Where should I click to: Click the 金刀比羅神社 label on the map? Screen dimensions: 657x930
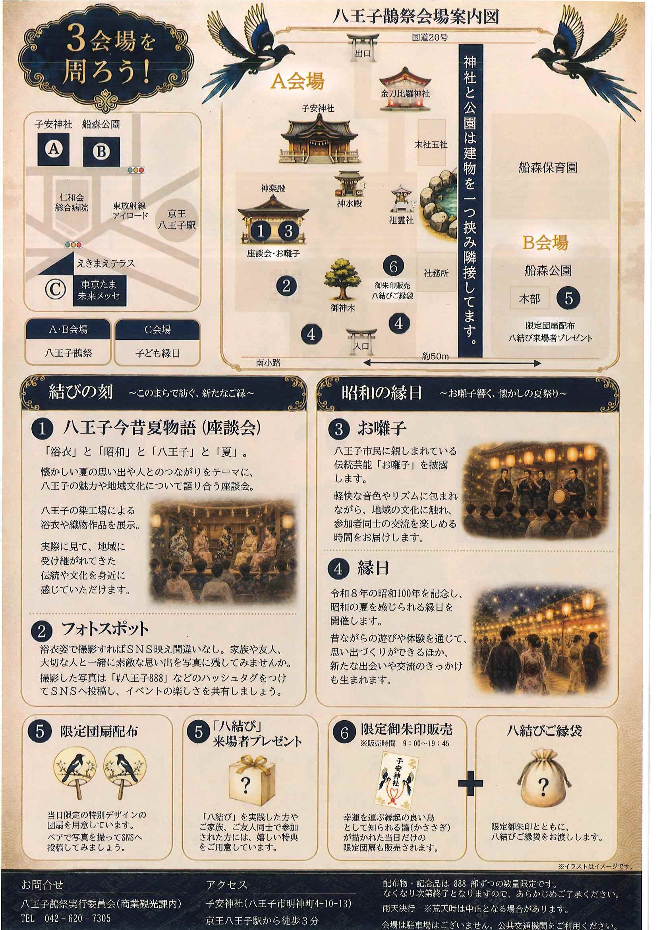click(405, 94)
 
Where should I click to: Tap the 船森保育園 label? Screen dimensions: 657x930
click(548, 168)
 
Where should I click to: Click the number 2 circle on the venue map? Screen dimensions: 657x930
click(287, 286)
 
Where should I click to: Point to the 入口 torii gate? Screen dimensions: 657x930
click(361, 339)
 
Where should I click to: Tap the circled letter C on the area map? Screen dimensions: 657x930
click(55, 290)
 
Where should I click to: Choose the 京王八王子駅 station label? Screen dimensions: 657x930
click(177, 219)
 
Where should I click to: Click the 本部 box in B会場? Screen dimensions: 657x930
click(529, 299)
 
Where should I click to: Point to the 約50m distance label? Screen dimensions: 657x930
click(436, 356)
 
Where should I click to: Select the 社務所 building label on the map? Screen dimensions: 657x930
click(437, 273)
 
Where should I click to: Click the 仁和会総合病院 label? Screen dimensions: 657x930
click(71, 203)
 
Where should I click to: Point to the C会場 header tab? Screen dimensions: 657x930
click(157, 329)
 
